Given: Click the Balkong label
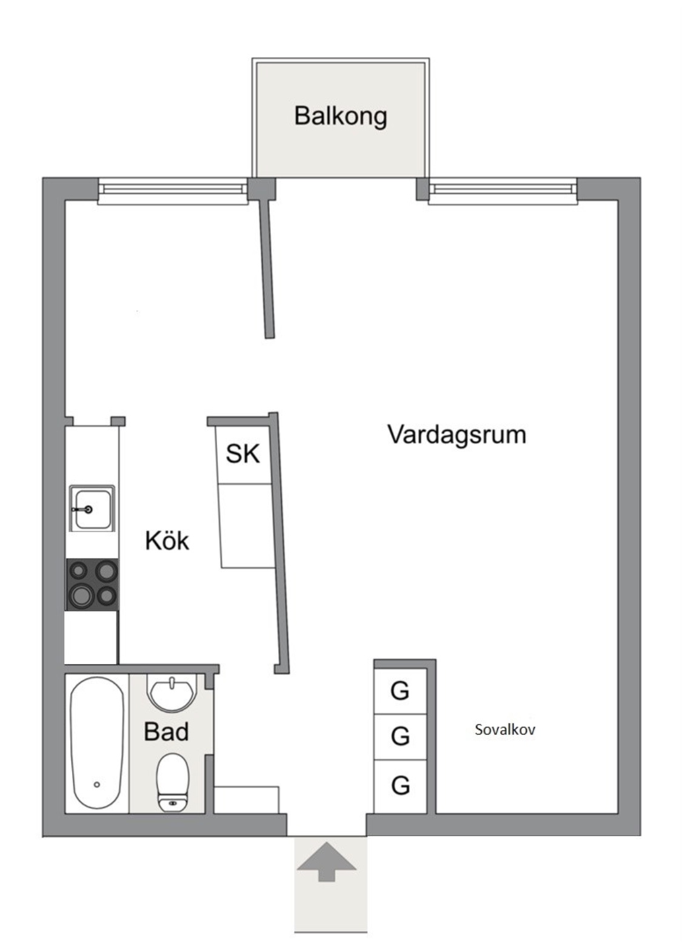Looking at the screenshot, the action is point(340,116).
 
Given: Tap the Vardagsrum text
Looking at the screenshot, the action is point(457,435).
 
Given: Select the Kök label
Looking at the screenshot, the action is point(167,540).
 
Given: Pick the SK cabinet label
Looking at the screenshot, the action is point(243,454).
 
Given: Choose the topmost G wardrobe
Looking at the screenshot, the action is point(400,691).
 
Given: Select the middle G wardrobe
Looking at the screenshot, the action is point(400,737).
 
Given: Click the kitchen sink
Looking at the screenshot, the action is point(92,508).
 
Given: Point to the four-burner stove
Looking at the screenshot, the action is point(92,585).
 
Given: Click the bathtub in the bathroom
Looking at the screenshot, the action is point(97,743).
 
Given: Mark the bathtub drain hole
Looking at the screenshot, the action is point(97,785).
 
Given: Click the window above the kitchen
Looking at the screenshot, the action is point(173,191).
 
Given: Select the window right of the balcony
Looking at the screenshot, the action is point(503,191).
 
